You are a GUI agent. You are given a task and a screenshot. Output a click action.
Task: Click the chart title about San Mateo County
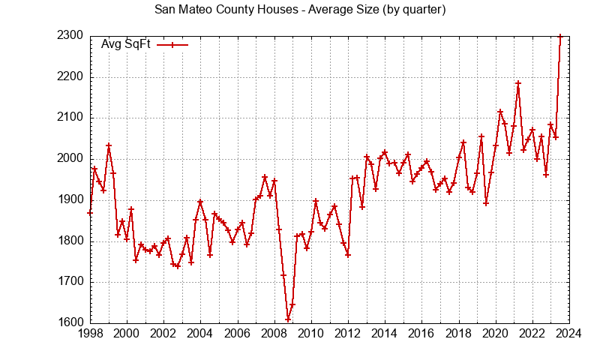[300, 10]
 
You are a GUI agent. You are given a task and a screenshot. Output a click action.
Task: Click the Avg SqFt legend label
[126, 44]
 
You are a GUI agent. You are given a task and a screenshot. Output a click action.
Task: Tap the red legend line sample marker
[172, 44]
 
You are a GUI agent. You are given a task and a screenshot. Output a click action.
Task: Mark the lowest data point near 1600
[288, 320]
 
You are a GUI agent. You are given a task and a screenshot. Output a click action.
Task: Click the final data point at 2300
[560, 36]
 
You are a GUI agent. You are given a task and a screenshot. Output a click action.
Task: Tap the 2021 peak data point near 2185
[518, 82]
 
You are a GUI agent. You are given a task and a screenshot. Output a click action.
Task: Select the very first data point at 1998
[90, 213]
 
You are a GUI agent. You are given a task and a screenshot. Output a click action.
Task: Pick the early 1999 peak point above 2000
[109, 145]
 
